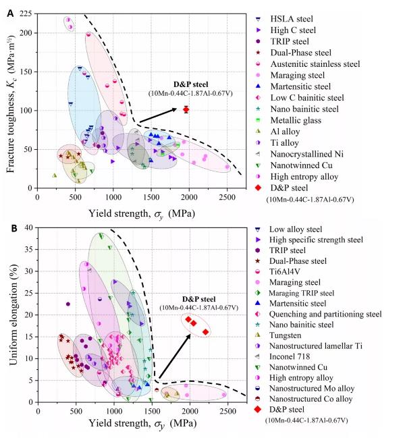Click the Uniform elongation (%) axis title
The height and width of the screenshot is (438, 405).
coord(11,316)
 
